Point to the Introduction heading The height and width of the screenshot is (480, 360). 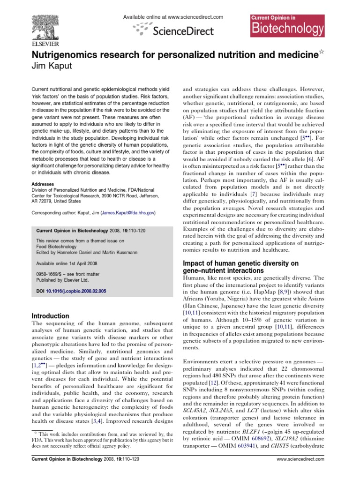[51, 316]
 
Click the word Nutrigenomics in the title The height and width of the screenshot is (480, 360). [69, 54]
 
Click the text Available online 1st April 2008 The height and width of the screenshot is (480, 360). [69, 261]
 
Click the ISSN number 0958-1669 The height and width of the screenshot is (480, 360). [50, 273]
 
